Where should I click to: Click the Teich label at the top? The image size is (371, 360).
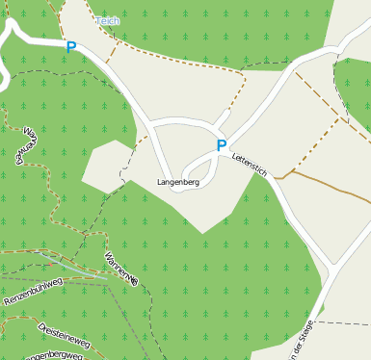point(108,19)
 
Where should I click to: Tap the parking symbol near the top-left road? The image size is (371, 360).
point(70,46)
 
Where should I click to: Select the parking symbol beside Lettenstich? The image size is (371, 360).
point(222,146)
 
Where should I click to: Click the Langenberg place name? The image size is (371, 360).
point(177,182)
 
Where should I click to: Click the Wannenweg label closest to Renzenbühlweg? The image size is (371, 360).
point(121,267)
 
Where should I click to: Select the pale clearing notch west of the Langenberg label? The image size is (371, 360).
point(106,164)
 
